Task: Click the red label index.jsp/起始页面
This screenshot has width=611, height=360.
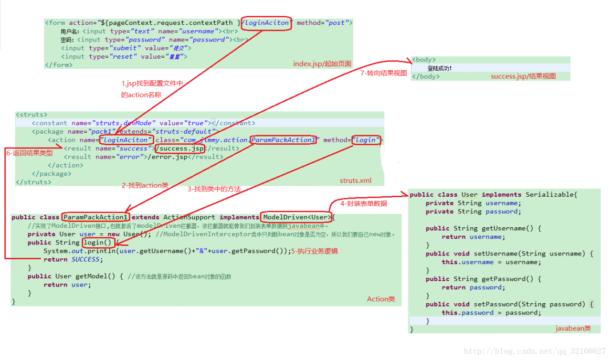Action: (322, 64)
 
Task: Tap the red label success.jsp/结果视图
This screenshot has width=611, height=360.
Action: (523, 76)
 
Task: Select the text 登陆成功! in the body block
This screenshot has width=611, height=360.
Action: (439, 68)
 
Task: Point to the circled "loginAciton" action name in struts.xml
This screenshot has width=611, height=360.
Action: (127, 140)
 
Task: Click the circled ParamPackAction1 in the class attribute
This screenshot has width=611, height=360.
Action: (284, 140)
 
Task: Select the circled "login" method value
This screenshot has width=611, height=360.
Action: (366, 140)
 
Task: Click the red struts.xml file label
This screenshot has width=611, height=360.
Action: (355, 180)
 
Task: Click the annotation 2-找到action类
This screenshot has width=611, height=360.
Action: (145, 185)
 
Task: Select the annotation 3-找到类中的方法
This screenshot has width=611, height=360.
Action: (214, 189)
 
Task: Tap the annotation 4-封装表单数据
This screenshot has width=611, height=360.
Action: (363, 203)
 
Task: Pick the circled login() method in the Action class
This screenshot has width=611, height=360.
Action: (99, 243)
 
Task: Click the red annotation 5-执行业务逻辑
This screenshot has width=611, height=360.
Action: (315, 251)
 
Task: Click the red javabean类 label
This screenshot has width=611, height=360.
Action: (573, 328)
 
